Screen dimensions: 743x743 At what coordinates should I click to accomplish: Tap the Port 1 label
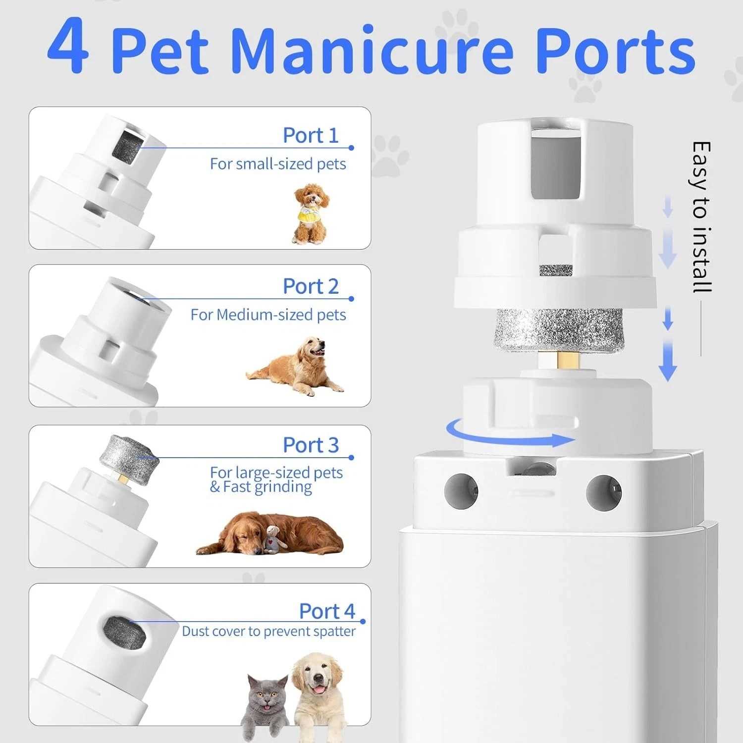311,135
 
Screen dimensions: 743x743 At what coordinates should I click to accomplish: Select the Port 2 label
311,286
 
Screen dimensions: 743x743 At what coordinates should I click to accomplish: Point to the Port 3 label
311,445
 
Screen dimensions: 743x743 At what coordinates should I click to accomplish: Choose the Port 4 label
327,611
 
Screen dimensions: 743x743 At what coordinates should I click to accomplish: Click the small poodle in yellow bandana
311,213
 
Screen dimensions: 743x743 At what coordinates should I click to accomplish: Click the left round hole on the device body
461,490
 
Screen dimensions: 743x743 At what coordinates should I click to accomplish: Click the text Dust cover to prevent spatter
268,631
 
